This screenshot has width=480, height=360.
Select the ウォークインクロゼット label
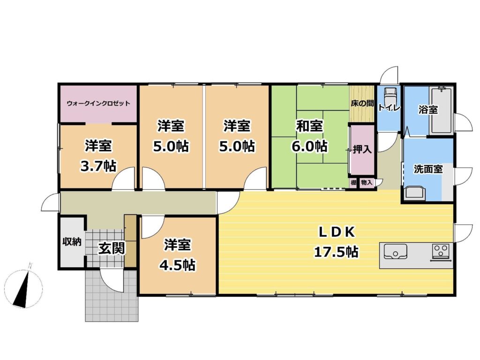click(x=98, y=103)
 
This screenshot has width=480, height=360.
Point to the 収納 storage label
click(x=72, y=242)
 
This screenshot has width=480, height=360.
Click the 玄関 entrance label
click(x=112, y=248)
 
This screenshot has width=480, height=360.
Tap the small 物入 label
click(x=367, y=183)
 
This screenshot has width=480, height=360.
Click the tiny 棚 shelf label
click(x=353, y=183)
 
